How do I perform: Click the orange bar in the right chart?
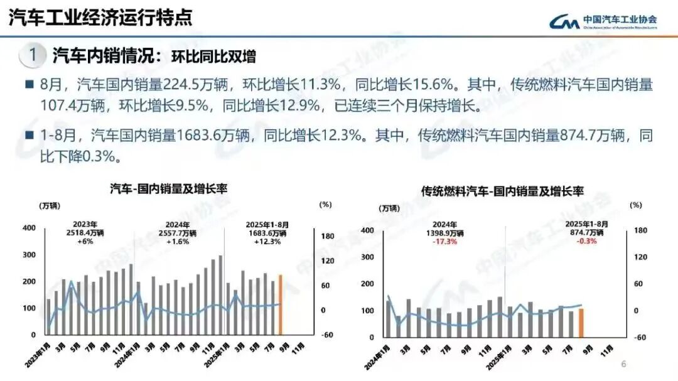click(x=581, y=322)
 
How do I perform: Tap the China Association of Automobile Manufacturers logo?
click(x=603, y=21)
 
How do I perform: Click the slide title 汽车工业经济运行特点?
click(x=100, y=17)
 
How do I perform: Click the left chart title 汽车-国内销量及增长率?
click(x=168, y=188)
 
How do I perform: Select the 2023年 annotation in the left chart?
click(x=85, y=224)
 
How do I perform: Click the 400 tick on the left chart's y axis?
click(x=29, y=228)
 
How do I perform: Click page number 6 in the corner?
click(x=623, y=364)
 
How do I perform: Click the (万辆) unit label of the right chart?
click(x=389, y=208)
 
